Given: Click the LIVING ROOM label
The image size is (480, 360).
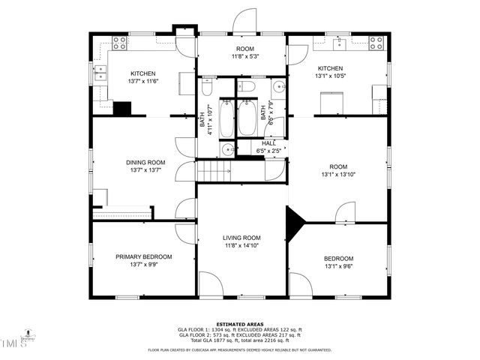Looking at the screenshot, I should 241,238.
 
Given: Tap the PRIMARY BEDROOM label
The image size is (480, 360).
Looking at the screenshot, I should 143,256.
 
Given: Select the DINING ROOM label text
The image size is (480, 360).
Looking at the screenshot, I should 145,163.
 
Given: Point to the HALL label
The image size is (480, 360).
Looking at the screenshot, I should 269,143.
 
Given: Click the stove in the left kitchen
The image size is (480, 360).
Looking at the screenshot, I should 119,43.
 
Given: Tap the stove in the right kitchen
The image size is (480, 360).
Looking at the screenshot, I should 375,43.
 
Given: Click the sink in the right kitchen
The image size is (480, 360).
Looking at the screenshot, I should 339,41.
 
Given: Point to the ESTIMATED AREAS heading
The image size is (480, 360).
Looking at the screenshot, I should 239,324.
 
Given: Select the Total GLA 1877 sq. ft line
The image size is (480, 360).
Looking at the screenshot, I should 240,340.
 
